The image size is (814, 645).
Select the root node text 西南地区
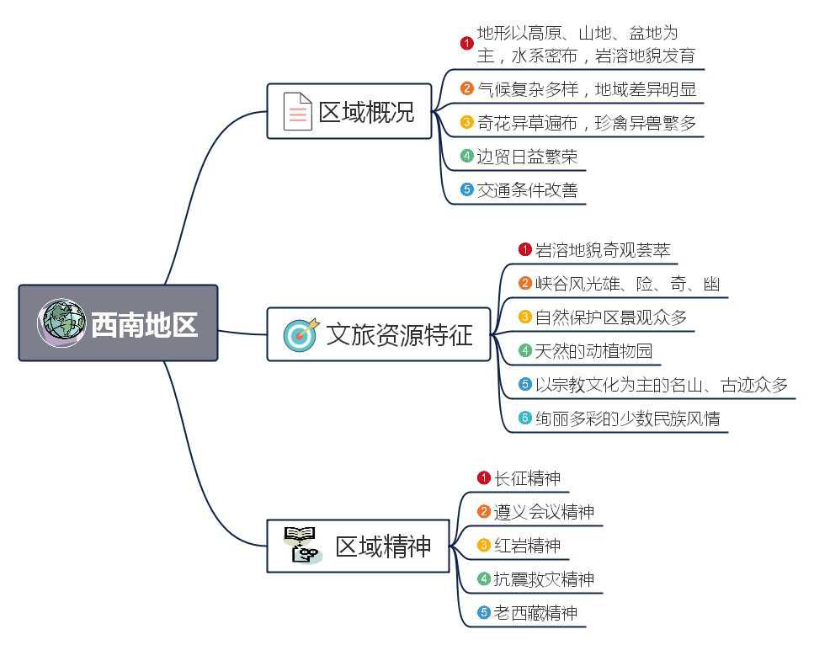tap(144, 324)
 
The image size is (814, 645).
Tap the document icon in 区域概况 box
tap(296, 111)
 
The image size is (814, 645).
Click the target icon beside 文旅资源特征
tap(301, 334)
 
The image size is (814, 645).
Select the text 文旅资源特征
tap(399, 335)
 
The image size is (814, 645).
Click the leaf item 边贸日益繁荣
tap(527, 157)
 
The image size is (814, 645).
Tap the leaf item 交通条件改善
tap(527, 190)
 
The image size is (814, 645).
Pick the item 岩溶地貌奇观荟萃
tap(603, 250)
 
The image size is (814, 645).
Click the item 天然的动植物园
tap(593, 351)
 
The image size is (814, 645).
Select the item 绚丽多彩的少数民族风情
tap(627, 418)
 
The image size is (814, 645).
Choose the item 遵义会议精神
tap(544, 512)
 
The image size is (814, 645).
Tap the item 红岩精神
tap(527, 546)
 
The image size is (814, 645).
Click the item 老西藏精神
tap(535, 613)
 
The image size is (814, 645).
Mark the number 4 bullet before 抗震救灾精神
tap(484, 579)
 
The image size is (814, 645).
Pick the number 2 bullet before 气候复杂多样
tap(467, 88)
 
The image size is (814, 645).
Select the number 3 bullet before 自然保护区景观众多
tap(525, 317)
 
